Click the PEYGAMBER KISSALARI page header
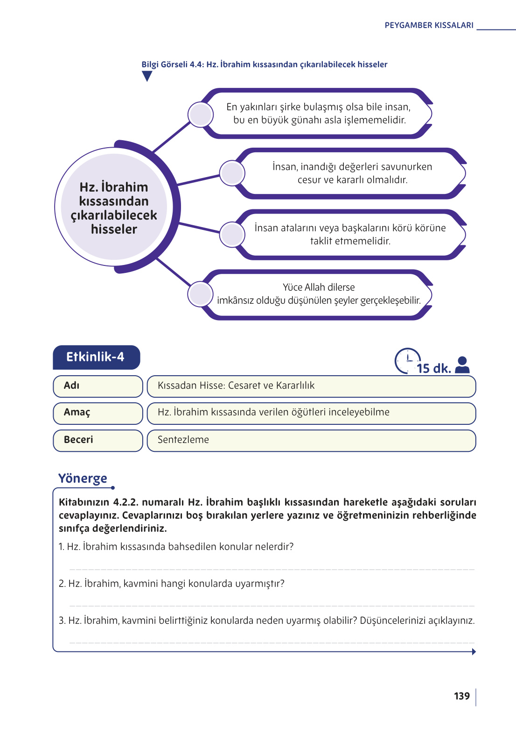click(429, 25)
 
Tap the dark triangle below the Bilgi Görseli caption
click(147, 76)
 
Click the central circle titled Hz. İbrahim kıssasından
click(114, 207)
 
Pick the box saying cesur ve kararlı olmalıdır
click(352, 173)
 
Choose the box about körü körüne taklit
click(350, 234)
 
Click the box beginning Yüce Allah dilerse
click(319, 294)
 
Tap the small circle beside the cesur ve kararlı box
click(232, 173)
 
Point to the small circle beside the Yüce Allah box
click(200, 294)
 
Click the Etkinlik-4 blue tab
click(96, 357)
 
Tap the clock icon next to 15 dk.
click(407, 360)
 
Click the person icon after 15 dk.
click(462, 365)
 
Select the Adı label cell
click(98, 386)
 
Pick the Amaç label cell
click(98, 413)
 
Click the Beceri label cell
click(98, 440)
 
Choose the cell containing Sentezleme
click(311, 440)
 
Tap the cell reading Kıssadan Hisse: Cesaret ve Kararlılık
click(311, 386)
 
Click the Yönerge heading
click(83, 479)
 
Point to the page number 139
click(461, 696)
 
